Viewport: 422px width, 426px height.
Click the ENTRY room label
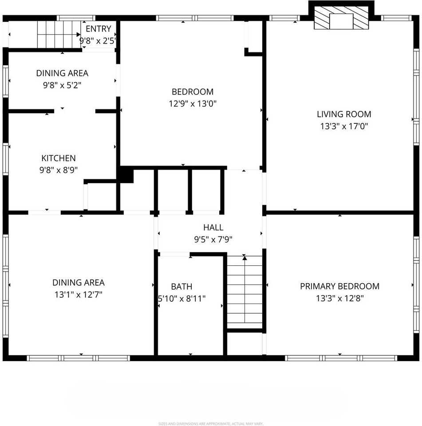point(98,29)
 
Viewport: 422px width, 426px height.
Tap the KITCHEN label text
point(59,158)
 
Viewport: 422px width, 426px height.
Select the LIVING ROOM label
point(344,114)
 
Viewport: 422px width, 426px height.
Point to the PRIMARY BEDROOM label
point(339,286)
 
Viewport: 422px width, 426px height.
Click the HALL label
point(213,228)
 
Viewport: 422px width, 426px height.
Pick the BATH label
point(181,287)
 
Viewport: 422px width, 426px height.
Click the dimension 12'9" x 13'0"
point(193,103)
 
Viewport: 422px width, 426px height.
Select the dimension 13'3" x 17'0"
point(344,126)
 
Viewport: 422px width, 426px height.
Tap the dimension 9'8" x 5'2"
point(62,85)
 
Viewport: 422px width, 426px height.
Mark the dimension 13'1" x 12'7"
point(79,294)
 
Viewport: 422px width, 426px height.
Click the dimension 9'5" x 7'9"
point(213,240)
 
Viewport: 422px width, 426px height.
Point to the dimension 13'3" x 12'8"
point(339,298)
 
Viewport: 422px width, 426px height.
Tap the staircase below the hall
point(245,293)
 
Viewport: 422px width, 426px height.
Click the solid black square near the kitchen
point(126,174)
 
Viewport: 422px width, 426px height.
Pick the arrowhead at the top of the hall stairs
point(245,258)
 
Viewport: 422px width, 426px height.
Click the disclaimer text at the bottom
point(211,423)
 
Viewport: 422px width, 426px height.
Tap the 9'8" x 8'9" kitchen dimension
point(59,170)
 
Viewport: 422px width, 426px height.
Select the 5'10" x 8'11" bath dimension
point(181,299)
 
